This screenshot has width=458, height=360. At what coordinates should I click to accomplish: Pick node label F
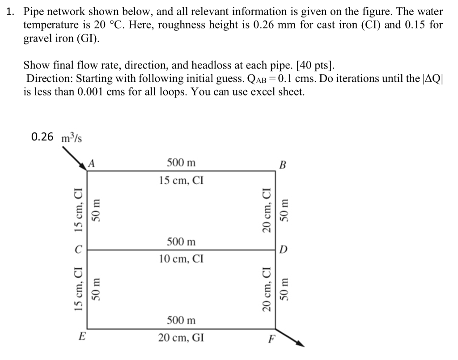(x=270, y=338)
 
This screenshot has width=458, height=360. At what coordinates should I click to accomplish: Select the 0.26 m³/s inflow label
(x=56, y=137)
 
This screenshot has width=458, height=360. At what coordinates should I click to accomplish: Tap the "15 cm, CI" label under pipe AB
(x=181, y=181)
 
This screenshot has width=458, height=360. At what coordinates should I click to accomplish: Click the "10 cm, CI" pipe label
(x=181, y=258)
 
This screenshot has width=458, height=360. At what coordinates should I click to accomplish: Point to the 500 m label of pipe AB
(x=181, y=163)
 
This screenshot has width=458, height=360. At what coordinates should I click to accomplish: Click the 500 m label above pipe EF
(x=181, y=320)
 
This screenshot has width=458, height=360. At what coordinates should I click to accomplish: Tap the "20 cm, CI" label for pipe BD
(x=267, y=209)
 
